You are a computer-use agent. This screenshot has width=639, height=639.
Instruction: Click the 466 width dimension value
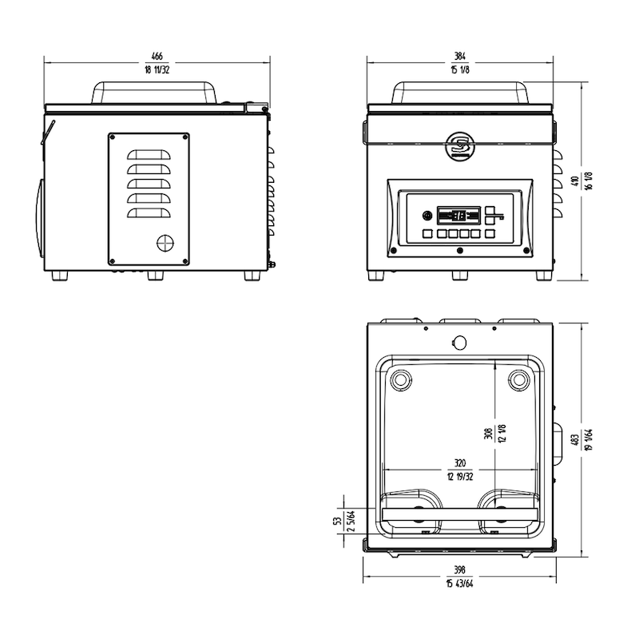click(x=157, y=56)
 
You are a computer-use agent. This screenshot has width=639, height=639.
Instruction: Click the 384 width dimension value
click(x=460, y=56)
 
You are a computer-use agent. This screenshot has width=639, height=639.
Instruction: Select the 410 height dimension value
click(x=575, y=181)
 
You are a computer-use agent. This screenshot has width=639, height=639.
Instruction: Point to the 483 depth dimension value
click(x=575, y=440)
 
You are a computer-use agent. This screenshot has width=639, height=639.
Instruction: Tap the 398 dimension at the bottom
click(x=459, y=570)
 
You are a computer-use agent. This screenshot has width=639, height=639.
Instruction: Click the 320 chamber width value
click(x=460, y=463)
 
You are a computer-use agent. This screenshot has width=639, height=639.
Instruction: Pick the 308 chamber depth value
click(x=488, y=433)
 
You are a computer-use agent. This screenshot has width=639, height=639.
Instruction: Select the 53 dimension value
click(x=337, y=522)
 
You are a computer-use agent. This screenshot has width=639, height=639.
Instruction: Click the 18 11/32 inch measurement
click(x=157, y=69)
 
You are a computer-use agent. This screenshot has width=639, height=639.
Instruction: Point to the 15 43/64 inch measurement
click(x=459, y=584)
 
